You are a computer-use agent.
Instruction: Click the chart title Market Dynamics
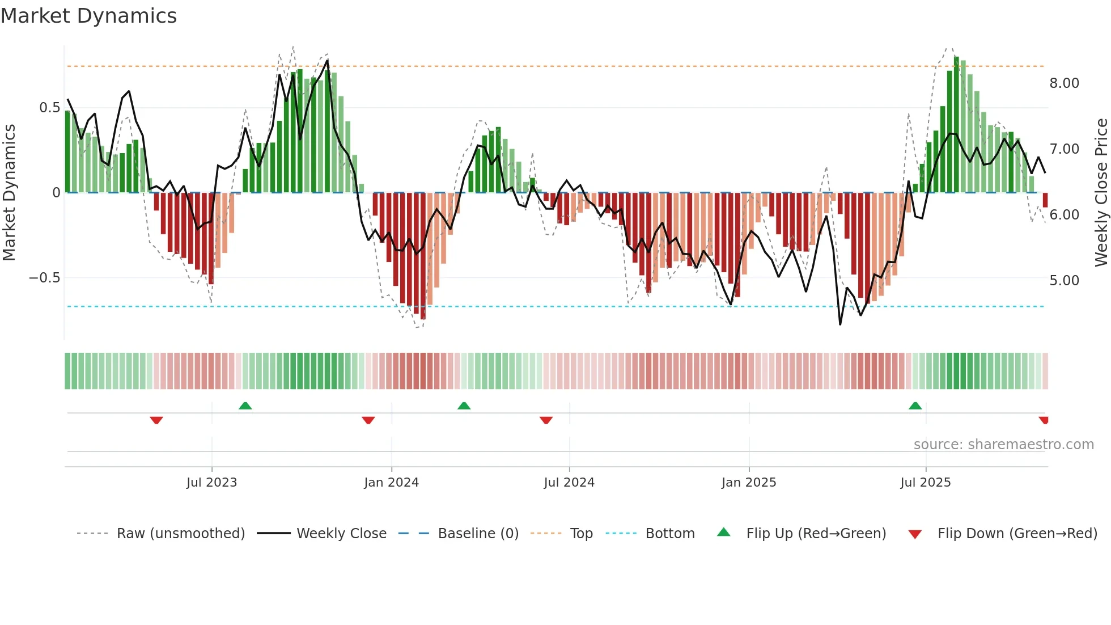pos(88,16)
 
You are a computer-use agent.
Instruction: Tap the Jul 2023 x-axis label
pos(211,483)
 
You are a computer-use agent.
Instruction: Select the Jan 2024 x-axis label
pos(391,483)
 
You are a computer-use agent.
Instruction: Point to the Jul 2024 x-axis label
pos(569,483)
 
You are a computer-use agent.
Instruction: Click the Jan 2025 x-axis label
pos(749,483)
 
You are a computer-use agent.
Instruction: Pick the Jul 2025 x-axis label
pos(926,483)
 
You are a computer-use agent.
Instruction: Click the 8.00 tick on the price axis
pos(1064,83)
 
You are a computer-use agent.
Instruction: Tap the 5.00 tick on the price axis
pos(1064,281)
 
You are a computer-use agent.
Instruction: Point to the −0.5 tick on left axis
pos(44,278)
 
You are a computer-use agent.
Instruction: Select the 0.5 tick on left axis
pos(49,108)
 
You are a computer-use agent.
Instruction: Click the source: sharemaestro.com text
pos(1003,445)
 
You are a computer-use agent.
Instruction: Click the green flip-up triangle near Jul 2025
pos(915,406)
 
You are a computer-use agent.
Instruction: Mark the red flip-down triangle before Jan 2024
pos(368,420)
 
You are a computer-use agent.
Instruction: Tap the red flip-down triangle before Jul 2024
pos(546,420)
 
